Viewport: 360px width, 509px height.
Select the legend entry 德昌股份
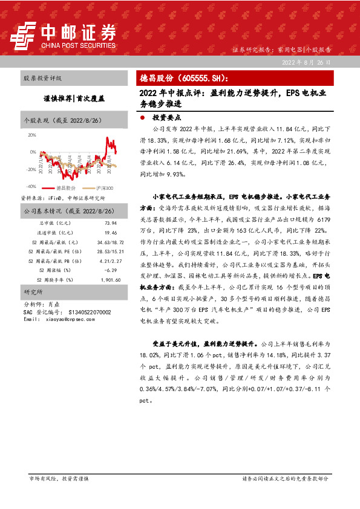click(x=64, y=189)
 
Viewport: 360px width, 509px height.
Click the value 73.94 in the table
click(x=110, y=223)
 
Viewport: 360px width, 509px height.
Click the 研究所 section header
click(x=31, y=293)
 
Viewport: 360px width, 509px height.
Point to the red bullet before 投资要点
click(x=142, y=118)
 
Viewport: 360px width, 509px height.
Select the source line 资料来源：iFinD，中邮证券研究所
click(x=63, y=198)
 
